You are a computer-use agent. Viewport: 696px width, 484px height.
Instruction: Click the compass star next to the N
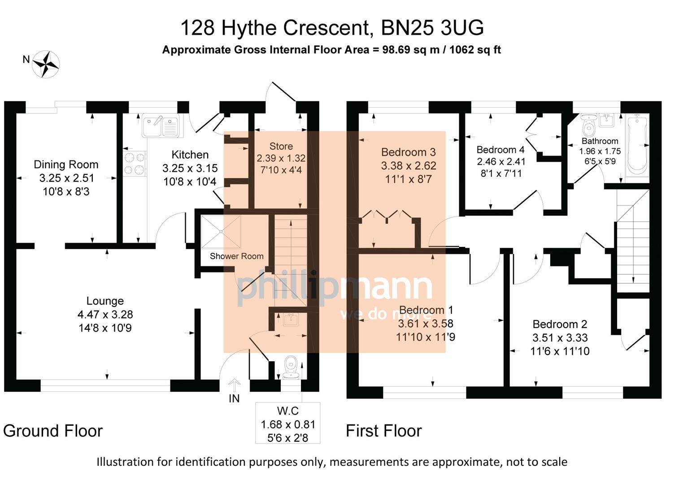click(46, 64)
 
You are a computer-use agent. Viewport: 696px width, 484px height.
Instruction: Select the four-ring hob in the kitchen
click(135, 164)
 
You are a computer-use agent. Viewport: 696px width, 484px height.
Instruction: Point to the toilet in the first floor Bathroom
click(588, 125)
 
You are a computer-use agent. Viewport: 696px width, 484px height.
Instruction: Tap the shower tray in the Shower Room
click(221, 232)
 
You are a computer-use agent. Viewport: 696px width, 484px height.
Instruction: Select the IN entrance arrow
click(234, 385)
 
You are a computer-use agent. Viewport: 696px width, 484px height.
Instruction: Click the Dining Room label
click(66, 164)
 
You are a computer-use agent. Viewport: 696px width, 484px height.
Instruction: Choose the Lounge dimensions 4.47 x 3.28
click(105, 315)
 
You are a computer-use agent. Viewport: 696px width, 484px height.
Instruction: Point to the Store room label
click(281, 146)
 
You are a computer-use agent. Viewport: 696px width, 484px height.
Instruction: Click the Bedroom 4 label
click(500, 150)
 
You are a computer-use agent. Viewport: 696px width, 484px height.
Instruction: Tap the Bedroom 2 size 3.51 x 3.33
click(560, 337)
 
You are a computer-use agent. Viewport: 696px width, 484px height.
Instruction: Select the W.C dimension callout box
click(288, 423)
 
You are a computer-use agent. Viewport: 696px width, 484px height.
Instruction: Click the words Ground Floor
click(53, 431)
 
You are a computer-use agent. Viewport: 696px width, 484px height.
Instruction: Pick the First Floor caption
click(384, 431)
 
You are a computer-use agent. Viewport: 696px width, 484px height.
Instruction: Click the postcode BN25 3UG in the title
click(432, 28)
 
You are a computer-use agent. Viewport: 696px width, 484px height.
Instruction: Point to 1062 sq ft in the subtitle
click(475, 50)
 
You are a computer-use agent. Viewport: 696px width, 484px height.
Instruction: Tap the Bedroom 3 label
click(408, 152)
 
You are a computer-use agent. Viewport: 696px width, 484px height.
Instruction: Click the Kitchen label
click(190, 155)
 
